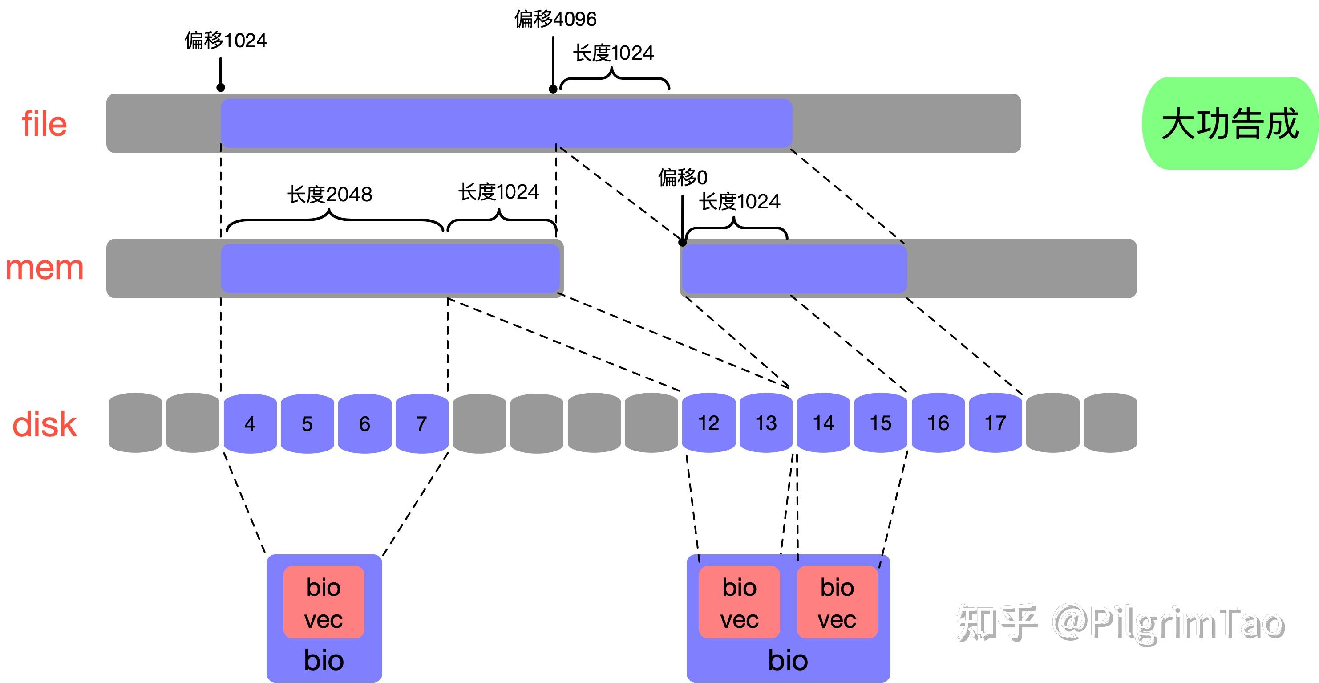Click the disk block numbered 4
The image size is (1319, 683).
click(x=250, y=423)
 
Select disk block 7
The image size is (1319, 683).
click(x=421, y=423)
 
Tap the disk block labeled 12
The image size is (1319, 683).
click(x=708, y=423)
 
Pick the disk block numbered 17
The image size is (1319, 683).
click(x=995, y=423)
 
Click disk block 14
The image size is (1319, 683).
click(x=823, y=423)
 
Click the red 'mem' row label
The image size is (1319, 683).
click(x=45, y=268)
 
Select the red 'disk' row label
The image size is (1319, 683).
click(x=45, y=424)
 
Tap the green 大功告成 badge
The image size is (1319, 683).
click(x=1230, y=123)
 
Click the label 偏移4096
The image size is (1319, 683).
click(x=555, y=20)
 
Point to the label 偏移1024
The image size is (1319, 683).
click(x=226, y=41)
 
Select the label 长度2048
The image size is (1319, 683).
click(x=330, y=195)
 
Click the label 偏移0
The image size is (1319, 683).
click(x=683, y=178)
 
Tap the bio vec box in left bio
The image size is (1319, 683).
click(x=324, y=602)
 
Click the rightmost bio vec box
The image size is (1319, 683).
click(x=837, y=602)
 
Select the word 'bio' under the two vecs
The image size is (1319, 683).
click(x=788, y=660)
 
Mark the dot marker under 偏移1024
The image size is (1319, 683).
click(x=221, y=88)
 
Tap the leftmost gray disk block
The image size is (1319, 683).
click(x=135, y=423)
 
